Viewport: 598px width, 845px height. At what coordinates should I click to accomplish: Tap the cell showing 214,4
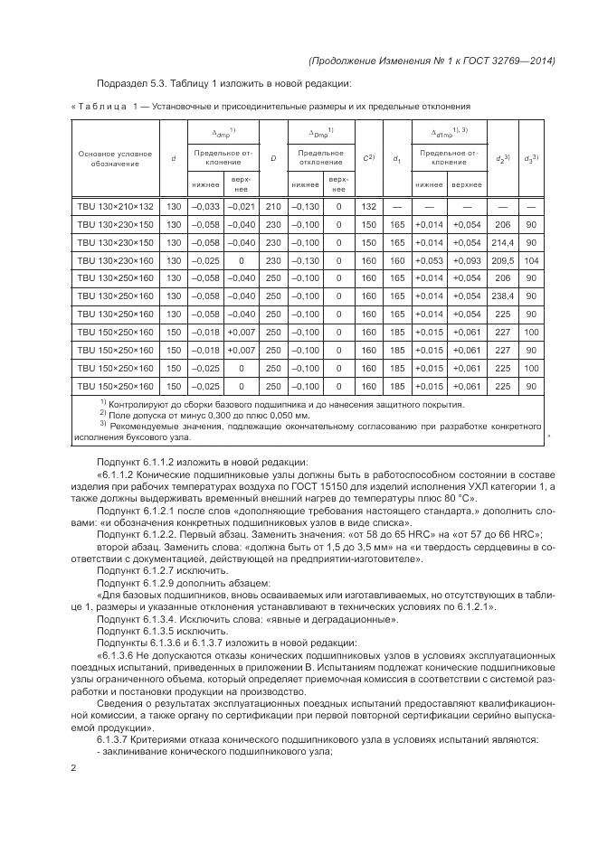[x=502, y=243]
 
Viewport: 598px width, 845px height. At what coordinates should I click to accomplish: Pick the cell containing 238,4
[x=502, y=296]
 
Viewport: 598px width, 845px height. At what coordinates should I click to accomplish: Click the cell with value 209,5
[x=502, y=261]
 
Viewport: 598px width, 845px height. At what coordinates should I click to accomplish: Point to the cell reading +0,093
[x=468, y=261]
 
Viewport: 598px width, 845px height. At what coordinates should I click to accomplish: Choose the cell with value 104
[x=532, y=261]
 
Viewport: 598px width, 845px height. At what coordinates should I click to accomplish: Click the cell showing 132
[x=368, y=207]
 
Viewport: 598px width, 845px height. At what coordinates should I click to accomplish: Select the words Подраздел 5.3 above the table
[x=131, y=85]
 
